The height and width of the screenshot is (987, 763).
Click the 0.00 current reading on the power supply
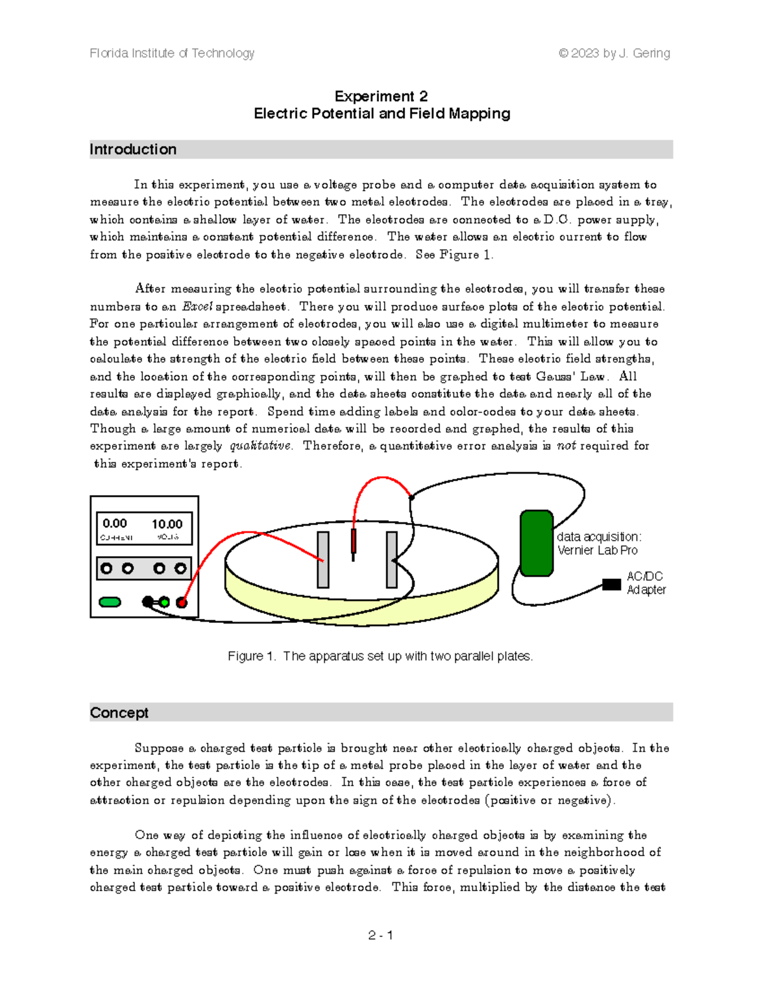[x=114, y=524]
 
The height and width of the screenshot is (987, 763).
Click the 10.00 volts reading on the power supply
[x=167, y=524]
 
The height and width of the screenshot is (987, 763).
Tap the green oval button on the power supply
[x=110, y=602]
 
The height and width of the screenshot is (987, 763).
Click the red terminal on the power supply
[x=182, y=602]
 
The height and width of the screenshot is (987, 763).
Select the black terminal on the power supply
[x=148, y=601]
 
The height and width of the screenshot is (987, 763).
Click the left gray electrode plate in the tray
[x=323, y=559]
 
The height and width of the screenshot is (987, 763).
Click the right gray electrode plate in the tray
[x=392, y=559]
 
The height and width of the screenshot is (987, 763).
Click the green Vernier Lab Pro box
[x=536, y=543]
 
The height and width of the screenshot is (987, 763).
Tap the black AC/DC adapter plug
[x=611, y=584]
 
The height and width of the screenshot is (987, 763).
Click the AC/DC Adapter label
[x=645, y=583]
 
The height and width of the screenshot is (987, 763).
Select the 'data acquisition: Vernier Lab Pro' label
[x=598, y=543]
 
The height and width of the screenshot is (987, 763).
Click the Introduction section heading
[x=133, y=149]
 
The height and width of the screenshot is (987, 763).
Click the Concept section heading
[x=119, y=712]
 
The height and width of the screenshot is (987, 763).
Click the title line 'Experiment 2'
[x=381, y=96]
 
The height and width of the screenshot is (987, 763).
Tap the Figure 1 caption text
[x=380, y=656]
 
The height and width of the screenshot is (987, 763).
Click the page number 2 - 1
[x=380, y=935]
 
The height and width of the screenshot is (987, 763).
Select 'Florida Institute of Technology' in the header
[x=172, y=53]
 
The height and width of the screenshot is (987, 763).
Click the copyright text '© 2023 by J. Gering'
[x=614, y=53]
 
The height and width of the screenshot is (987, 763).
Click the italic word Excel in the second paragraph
[x=197, y=306]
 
